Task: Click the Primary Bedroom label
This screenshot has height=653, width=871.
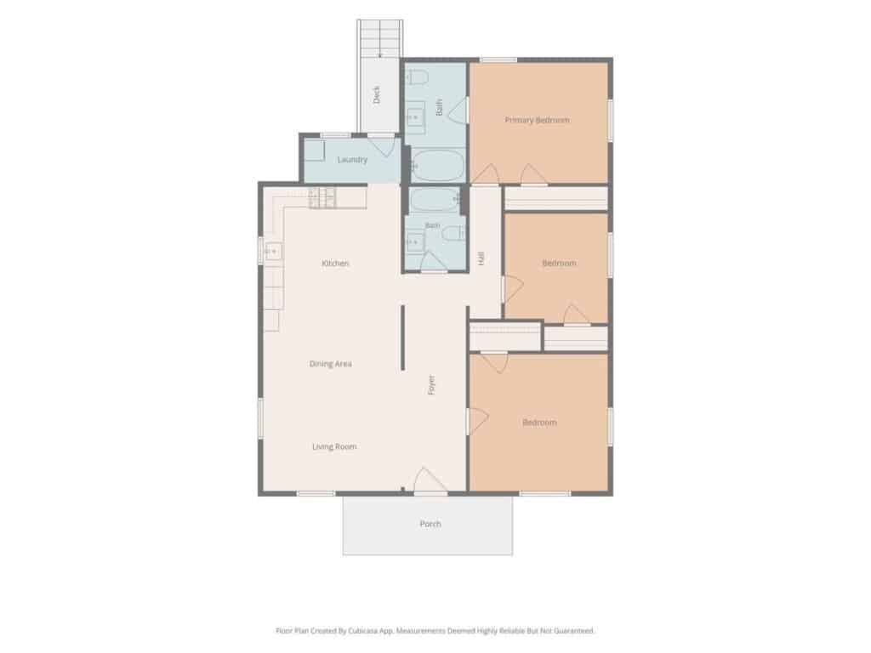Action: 538,120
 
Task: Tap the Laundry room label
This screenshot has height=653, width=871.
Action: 352,160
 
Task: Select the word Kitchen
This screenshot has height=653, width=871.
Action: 335,264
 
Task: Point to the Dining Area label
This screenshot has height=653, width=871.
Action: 331,364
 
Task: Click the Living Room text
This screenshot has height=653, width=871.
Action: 334,446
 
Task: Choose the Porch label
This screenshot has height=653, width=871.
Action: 430,524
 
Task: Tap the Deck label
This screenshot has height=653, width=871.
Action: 377,94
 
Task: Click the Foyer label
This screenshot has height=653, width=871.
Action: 431,385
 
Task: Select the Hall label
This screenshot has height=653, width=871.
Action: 481,258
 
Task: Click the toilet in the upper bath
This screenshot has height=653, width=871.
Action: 418,77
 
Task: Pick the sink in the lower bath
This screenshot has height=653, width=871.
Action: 414,241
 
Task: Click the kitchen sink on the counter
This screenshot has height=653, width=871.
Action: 273,252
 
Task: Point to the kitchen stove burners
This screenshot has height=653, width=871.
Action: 322,198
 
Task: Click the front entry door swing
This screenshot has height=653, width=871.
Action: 430,480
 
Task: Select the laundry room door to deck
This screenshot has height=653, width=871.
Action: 382,145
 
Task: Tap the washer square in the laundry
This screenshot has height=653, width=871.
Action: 314,150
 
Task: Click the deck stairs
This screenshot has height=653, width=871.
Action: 380,39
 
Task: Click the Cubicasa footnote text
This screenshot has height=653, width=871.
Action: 435,631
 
